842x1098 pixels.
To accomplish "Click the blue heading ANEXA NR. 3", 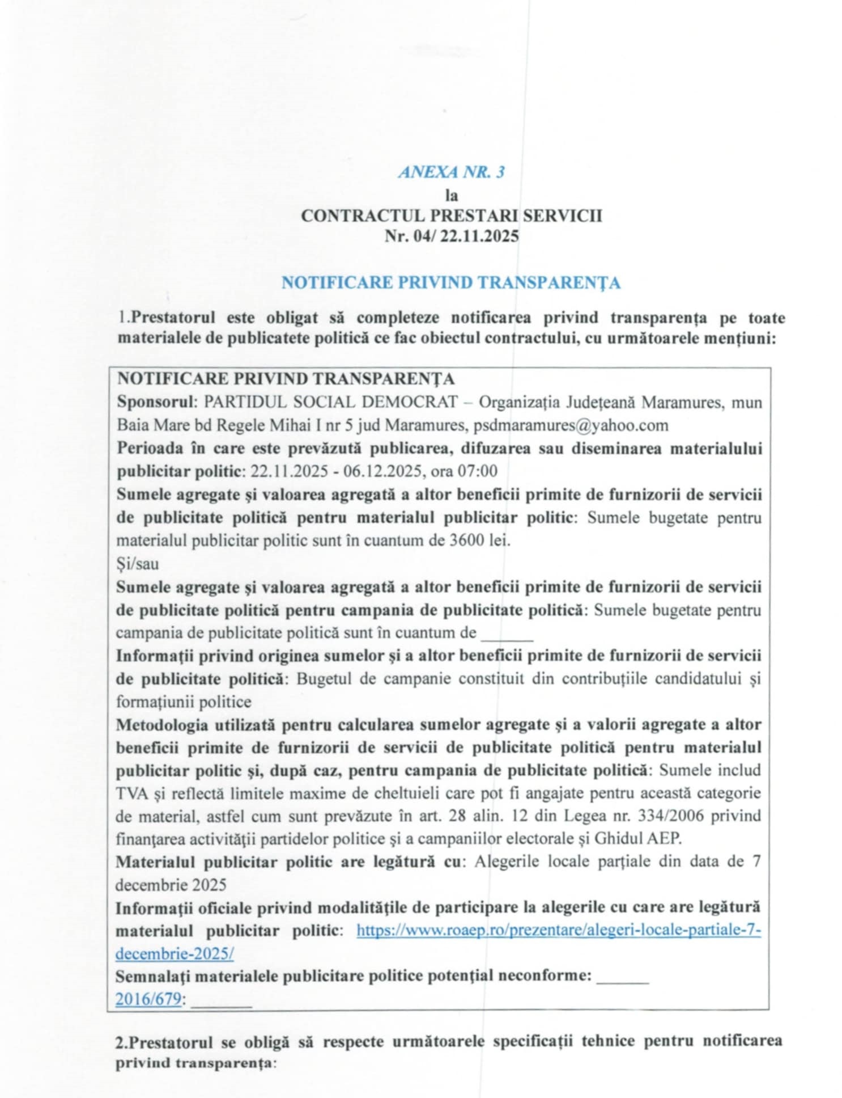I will pos(451,172).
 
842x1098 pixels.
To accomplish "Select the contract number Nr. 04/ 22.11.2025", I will pos(451,236).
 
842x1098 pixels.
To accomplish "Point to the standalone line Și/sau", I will pos(137,564).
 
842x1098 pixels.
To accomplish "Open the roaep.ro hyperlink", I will pos(558,931).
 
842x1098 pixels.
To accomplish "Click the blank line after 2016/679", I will pos(221,1005).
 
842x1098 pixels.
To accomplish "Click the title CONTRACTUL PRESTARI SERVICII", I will pos(451,216).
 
